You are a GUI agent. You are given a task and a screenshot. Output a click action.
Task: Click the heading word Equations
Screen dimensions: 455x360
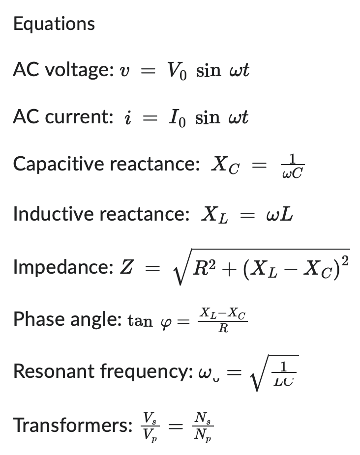(x=54, y=24)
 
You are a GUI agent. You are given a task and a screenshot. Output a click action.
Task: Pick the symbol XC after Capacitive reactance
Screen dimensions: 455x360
(x=225, y=166)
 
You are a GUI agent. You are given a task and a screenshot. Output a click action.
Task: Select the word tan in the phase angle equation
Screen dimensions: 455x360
(x=140, y=321)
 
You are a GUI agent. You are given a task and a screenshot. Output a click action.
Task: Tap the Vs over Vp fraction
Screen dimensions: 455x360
(x=148, y=425)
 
